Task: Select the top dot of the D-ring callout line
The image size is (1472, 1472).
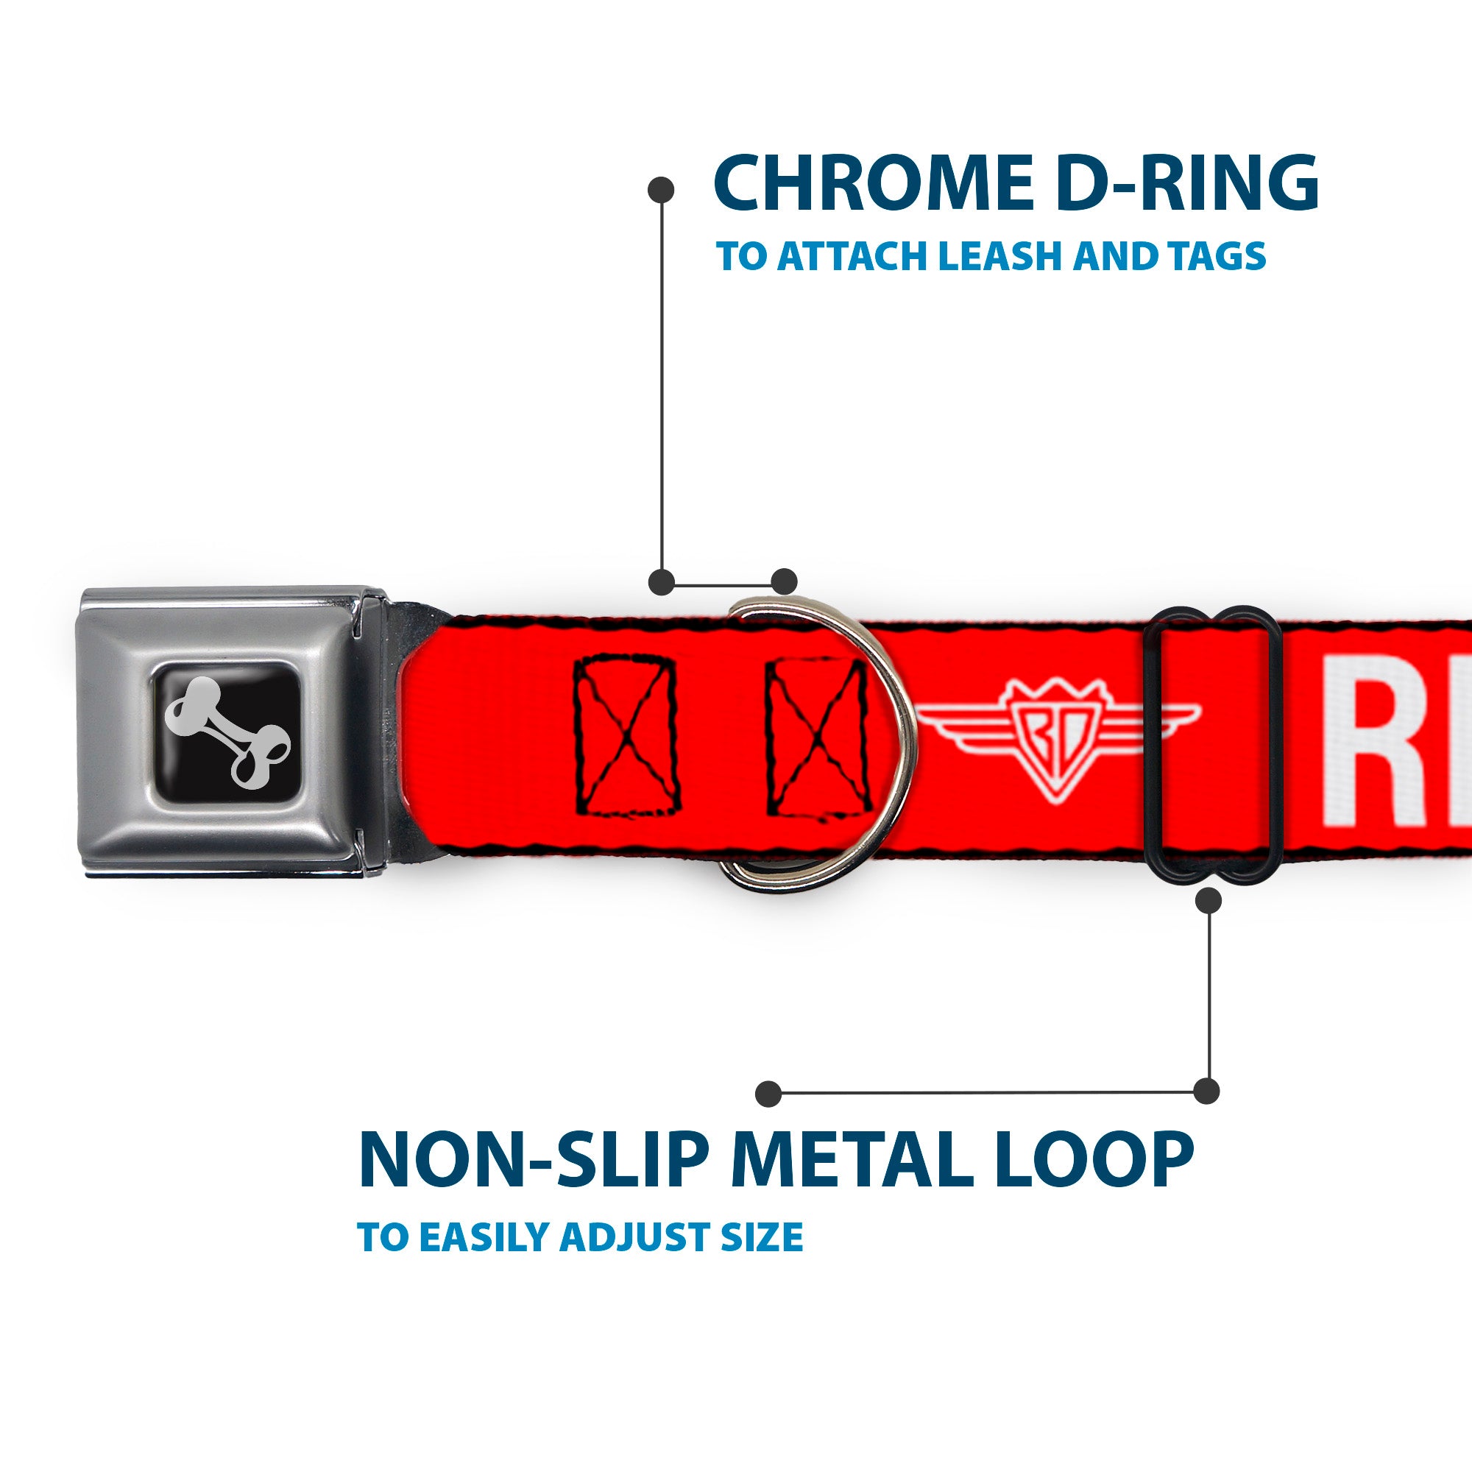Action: pyautogui.click(x=661, y=190)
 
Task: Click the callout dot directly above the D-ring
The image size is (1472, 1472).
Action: pyautogui.click(x=784, y=581)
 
